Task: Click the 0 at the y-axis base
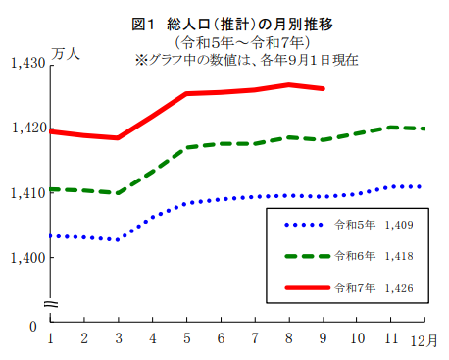[32, 325]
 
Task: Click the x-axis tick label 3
[119, 338]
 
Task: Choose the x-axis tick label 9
[324, 338]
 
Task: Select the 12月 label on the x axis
[424, 338]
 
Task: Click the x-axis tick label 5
[187, 338]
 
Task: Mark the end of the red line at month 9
[324, 88]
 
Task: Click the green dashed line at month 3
[119, 193]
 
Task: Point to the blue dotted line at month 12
[422, 186]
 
